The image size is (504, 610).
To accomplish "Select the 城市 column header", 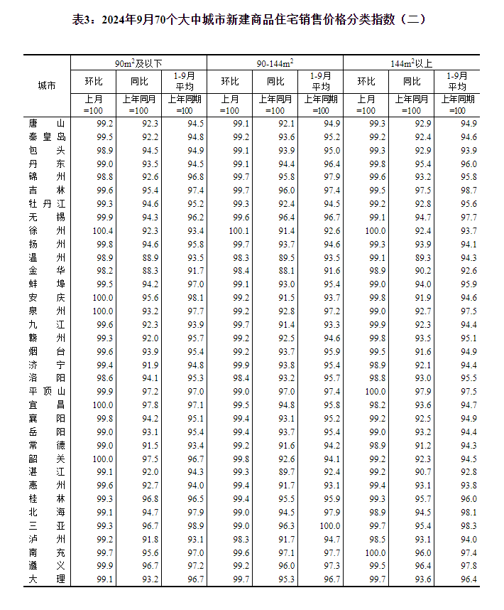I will point(47,86).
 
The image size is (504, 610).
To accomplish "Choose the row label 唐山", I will point(47,124).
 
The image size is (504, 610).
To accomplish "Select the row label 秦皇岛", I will point(47,137).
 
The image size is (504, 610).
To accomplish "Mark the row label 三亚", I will point(47,525).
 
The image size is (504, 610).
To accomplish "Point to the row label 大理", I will point(47,579).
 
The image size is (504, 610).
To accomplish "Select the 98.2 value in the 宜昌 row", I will point(377,405).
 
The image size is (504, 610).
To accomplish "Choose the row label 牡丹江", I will point(47,204).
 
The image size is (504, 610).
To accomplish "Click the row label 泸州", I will point(47,539).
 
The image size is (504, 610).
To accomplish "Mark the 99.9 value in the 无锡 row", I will point(104,218).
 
